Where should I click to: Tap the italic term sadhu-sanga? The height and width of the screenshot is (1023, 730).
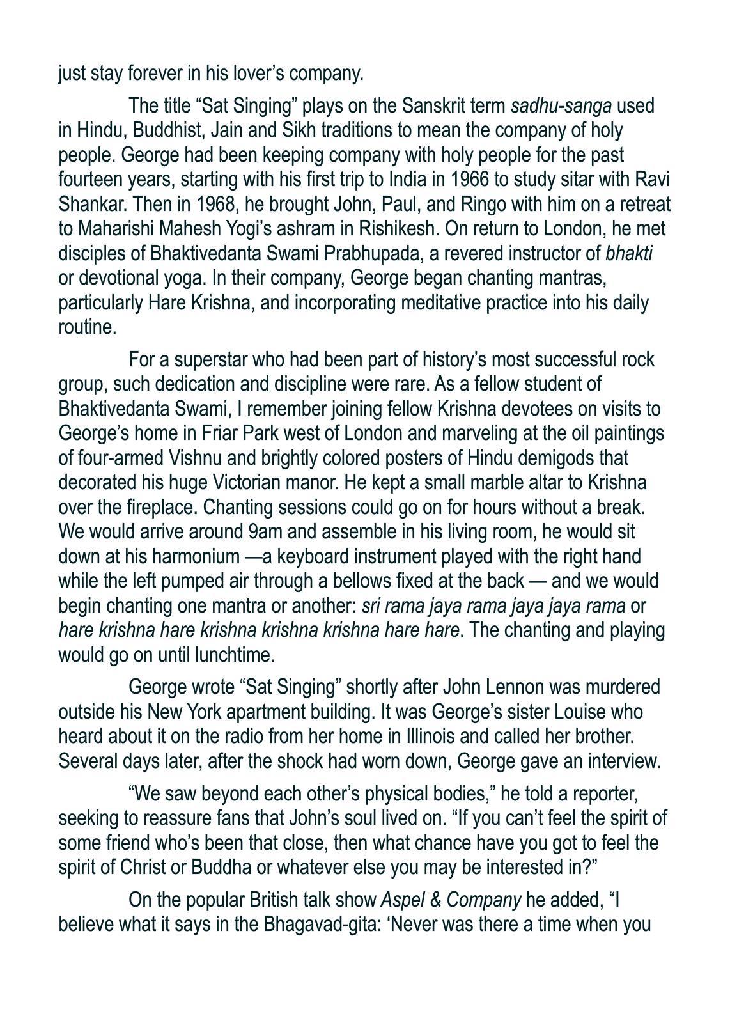(561, 105)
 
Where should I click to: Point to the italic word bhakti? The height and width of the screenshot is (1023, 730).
(629, 253)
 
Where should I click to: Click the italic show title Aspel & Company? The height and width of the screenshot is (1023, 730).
(450, 900)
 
